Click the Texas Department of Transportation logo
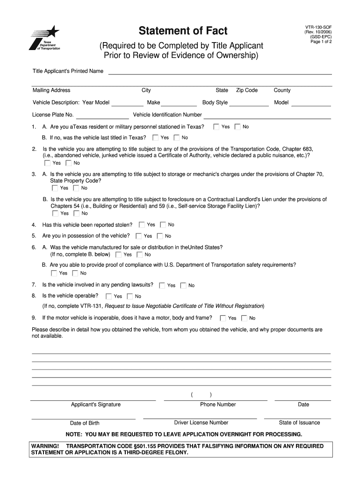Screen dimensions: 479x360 [x=45, y=37]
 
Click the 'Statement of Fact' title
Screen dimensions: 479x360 [x=183, y=31]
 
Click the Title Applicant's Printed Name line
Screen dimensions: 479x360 [x=220, y=72]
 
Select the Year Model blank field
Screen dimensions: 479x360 [x=127, y=103]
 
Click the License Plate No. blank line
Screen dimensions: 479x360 [x=102, y=115]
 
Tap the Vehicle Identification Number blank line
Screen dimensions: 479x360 [x=267, y=115]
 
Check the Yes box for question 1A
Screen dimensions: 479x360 [x=216, y=127]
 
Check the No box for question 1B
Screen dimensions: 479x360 [x=177, y=138]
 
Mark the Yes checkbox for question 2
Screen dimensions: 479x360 [x=47, y=163]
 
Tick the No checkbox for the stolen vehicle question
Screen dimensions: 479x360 [x=163, y=225]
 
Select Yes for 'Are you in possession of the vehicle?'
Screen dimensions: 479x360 [x=139, y=236]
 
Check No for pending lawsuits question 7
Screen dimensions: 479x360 [x=183, y=285]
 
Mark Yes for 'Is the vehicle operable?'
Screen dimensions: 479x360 [x=109, y=296]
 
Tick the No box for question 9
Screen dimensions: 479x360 [x=244, y=318]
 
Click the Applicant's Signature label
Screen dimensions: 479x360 [x=95, y=405]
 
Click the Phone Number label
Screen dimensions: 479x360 [x=218, y=405]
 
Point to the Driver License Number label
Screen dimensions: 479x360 [x=201, y=422]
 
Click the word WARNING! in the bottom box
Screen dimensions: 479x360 [x=45, y=446]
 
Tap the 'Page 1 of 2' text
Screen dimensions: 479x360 [x=321, y=42]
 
